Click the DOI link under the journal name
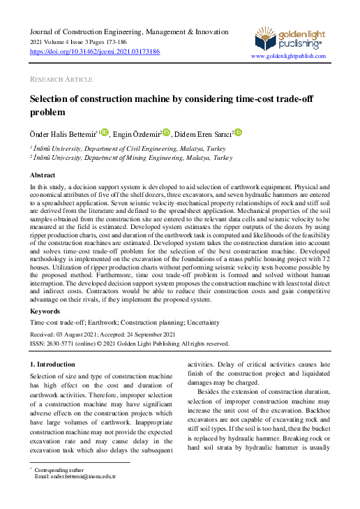tap(95, 52)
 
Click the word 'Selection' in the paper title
tap(52, 100)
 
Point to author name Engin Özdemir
tap(137, 133)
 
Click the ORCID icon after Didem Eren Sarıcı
tap(238, 133)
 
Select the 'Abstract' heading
tap(43, 175)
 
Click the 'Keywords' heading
tap(45, 311)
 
